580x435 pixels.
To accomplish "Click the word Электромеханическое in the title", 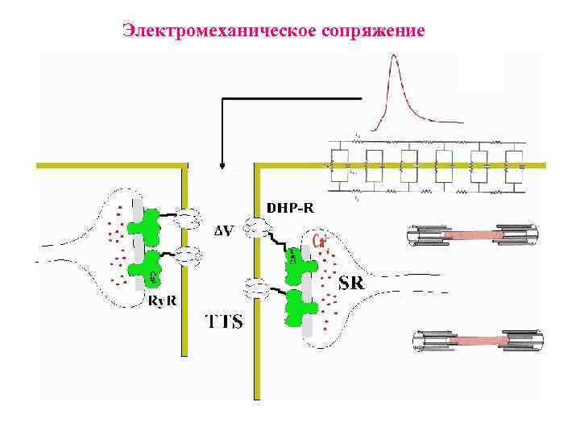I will coord(211,31).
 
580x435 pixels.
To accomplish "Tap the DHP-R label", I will coord(291,208).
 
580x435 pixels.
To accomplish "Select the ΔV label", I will coord(224,232).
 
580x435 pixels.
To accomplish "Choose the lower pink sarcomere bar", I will coord(476,341).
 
